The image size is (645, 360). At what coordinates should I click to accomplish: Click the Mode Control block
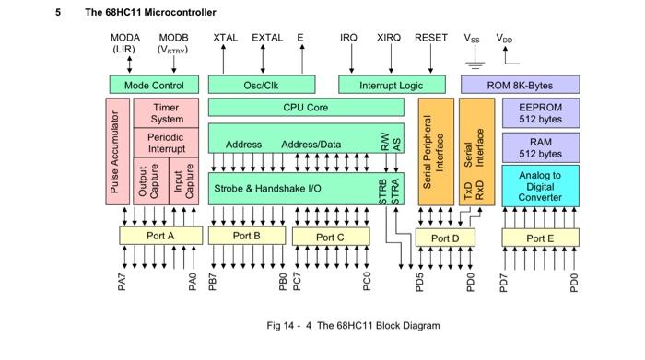(154, 85)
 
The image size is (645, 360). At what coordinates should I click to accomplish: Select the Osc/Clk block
(261, 85)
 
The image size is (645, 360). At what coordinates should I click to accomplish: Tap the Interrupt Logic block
(392, 85)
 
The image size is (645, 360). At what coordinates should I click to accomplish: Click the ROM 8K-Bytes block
(533, 85)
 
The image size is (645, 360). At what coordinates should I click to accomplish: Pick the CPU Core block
(305, 107)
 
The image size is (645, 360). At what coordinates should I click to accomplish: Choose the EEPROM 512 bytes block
(540, 113)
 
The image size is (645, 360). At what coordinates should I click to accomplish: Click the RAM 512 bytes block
(540, 148)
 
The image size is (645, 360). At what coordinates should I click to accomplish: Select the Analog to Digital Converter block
(540, 186)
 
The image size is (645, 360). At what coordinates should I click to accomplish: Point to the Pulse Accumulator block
(115, 153)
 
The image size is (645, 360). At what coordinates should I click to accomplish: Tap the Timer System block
(166, 113)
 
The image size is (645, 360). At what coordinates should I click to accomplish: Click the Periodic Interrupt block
(166, 143)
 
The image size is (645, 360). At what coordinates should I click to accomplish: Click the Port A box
(159, 236)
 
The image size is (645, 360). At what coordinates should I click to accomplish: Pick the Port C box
(330, 236)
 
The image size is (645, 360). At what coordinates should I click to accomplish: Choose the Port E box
(540, 236)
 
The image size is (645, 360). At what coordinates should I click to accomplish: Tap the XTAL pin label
(225, 38)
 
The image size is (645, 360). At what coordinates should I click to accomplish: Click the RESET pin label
(431, 38)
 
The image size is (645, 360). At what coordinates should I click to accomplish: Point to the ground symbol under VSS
(475, 65)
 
